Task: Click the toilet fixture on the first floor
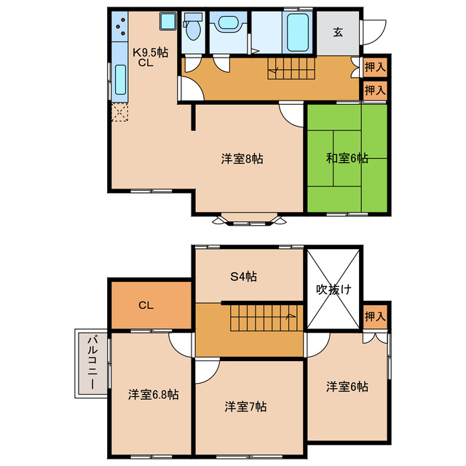pyautogui.click(x=193, y=29)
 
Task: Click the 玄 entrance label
pyautogui.click(x=338, y=32)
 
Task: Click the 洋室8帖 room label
pyautogui.click(x=242, y=159)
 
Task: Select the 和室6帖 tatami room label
pyautogui.click(x=347, y=158)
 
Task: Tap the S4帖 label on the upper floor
pyautogui.click(x=244, y=276)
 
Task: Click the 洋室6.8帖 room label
pyautogui.click(x=154, y=394)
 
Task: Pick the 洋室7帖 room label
pyautogui.click(x=245, y=406)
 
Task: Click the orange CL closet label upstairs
pyautogui.click(x=146, y=305)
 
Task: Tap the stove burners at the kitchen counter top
pyautogui.click(x=119, y=30)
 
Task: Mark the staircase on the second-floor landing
pyautogui.click(x=261, y=317)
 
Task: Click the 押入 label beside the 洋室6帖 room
pyautogui.click(x=374, y=317)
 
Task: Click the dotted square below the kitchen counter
pyautogui.click(x=119, y=113)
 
